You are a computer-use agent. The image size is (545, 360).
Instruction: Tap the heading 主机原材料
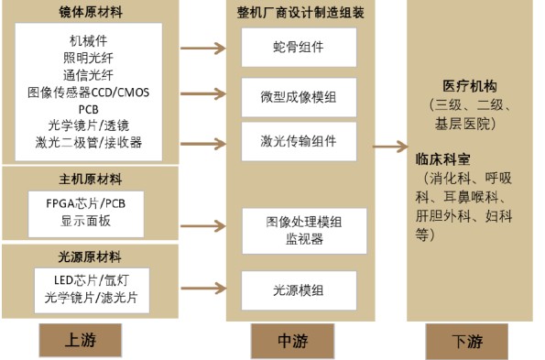tap(90, 179)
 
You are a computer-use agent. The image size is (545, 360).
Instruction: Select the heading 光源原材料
tap(90, 256)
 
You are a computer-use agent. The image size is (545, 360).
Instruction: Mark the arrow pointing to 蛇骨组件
tap(203, 48)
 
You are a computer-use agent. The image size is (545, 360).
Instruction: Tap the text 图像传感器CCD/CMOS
tap(88, 92)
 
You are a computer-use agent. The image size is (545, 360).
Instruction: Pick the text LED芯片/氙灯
tap(88, 278)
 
